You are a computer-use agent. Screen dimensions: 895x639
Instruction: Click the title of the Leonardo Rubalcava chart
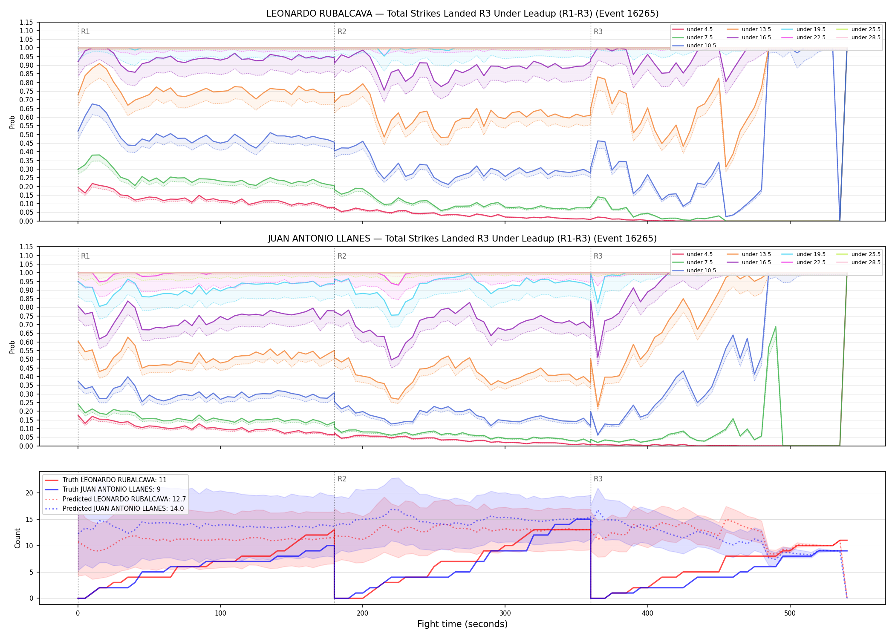(x=462, y=14)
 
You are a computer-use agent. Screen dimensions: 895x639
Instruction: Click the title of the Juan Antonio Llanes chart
(x=462, y=239)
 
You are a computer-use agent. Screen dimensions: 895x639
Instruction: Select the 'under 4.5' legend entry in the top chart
(x=693, y=29)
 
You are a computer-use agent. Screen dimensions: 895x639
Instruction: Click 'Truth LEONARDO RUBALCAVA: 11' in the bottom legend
(x=106, y=480)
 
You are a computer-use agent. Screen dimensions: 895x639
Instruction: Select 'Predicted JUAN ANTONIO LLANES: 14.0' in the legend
(x=115, y=509)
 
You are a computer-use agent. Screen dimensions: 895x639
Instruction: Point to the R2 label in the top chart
(x=342, y=32)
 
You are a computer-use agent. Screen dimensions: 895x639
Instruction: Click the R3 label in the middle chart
(x=598, y=256)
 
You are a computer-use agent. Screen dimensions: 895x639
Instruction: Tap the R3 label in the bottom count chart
(x=598, y=479)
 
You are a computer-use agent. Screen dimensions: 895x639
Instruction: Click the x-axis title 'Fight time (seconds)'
(x=462, y=624)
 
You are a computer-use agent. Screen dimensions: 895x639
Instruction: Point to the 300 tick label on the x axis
(x=505, y=613)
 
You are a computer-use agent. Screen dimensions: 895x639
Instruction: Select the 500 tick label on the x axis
(x=790, y=613)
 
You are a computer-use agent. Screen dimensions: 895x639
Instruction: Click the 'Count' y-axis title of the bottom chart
(x=17, y=538)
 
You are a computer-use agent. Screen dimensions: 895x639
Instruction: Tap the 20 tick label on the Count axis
(x=29, y=493)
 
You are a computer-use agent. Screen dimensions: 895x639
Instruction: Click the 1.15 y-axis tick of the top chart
(x=26, y=22)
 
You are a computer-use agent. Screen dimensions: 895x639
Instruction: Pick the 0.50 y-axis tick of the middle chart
(x=26, y=359)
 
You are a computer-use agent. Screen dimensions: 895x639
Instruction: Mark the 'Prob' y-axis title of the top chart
(x=12, y=122)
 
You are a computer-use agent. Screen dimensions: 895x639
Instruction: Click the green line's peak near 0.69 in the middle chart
(x=776, y=327)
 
